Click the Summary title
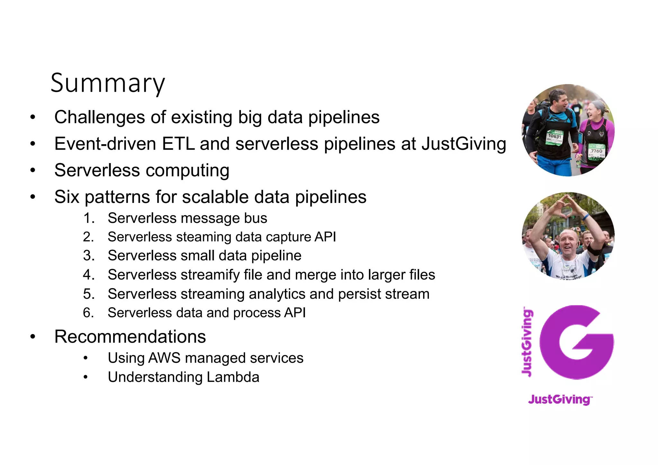coord(108,83)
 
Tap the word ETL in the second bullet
coord(178,144)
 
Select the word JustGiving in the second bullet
coord(464,144)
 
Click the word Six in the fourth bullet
coord(67,197)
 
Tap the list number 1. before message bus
coord(89,218)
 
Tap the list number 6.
coord(88,313)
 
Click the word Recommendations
coord(130,337)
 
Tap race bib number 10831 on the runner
coord(555,137)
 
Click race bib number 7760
coord(596,151)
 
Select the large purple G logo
coord(576,342)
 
